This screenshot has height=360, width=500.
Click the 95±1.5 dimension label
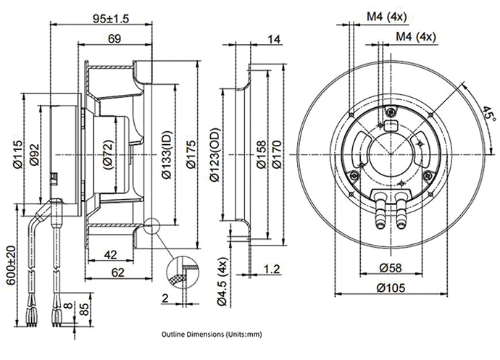click(x=111, y=19)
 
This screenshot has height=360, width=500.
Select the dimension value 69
click(x=114, y=38)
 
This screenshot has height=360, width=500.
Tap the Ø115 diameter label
click(x=18, y=154)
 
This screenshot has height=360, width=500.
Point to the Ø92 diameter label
click(x=34, y=155)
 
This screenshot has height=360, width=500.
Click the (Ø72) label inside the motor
click(x=108, y=155)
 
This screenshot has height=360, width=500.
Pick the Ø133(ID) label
click(x=167, y=155)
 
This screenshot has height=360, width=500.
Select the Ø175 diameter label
click(x=191, y=154)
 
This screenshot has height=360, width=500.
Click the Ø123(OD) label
click(x=215, y=155)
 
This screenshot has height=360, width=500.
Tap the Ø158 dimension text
click(x=261, y=155)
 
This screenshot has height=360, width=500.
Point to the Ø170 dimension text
click(x=277, y=155)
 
